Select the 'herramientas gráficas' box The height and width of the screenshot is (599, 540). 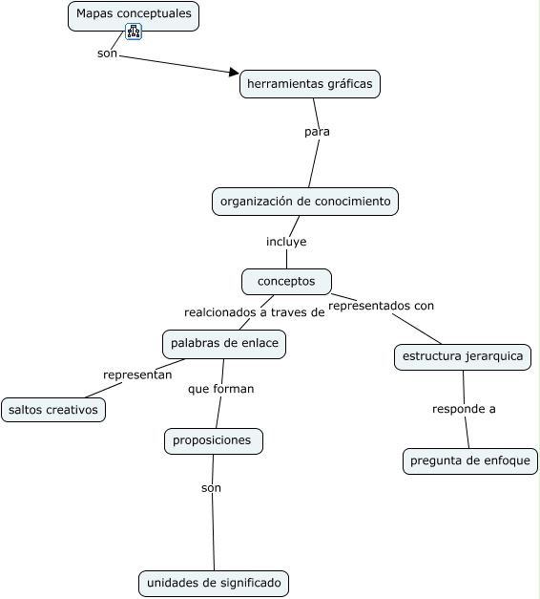point(309,84)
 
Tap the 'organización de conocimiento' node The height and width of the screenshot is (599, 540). point(304,202)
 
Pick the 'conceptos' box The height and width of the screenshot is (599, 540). point(286,281)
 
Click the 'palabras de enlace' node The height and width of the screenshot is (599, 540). point(224,343)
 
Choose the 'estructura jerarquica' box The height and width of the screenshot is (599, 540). point(463,356)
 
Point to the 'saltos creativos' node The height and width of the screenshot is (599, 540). point(53,410)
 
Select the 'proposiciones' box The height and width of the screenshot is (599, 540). point(213,440)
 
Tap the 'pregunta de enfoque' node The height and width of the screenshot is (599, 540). point(469,460)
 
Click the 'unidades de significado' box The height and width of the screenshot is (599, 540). point(213,583)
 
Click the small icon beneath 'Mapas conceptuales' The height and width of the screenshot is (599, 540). point(134,32)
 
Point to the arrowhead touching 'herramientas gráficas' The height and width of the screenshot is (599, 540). point(234,72)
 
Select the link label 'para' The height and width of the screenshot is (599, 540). point(317,132)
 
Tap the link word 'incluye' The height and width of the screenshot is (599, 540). point(286,242)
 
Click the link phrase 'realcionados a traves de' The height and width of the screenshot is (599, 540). point(254,311)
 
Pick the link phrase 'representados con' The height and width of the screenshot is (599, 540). point(381,306)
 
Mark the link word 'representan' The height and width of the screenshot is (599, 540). point(137,374)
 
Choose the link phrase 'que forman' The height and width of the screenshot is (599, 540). point(220,389)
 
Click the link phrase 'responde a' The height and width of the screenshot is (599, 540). point(464,409)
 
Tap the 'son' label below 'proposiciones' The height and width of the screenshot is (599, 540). point(211,488)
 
